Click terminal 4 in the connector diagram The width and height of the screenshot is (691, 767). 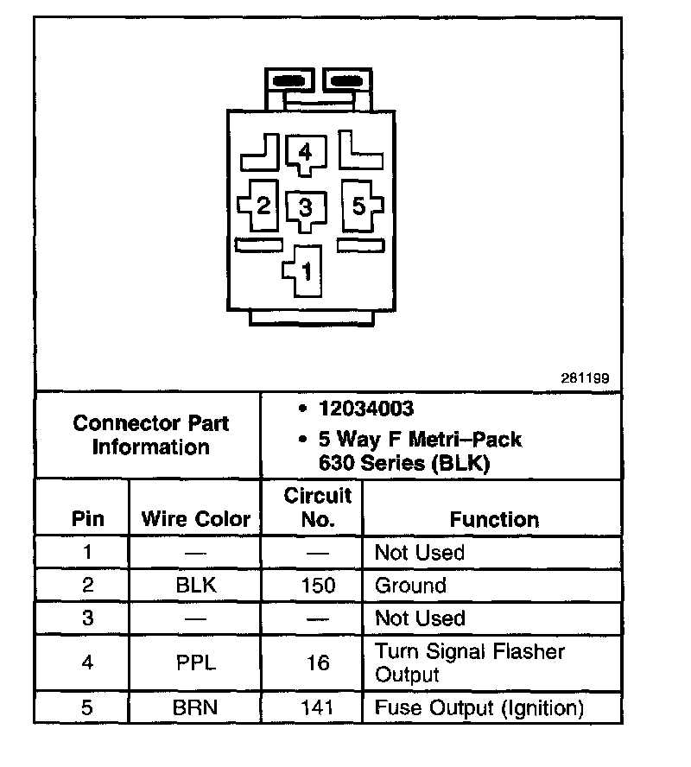[x=303, y=154]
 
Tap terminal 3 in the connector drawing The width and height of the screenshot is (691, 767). [x=305, y=208]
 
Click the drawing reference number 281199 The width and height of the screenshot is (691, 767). [x=585, y=378]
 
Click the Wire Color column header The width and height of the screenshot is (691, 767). [x=195, y=519]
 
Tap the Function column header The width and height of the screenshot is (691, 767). [x=494, y=519]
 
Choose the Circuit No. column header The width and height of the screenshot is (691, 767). [x=318, y=507]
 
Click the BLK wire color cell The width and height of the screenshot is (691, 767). [x=195, y=586]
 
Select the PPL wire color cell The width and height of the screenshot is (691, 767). [x=195, y=662]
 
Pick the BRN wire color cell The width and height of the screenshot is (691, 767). [x=195, y=708]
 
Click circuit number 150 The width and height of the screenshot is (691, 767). [x=318, y=586]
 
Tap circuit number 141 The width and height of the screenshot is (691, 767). [x=318, y=708]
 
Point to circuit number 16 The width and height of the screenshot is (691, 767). [x=318, y=662]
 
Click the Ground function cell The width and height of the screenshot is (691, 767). [x=409, y=586]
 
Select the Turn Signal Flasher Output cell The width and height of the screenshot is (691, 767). [x=469, y=662]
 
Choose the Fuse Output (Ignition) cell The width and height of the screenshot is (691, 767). [x=479, y=708]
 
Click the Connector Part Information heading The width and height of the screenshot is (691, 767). [x=151, y=435]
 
